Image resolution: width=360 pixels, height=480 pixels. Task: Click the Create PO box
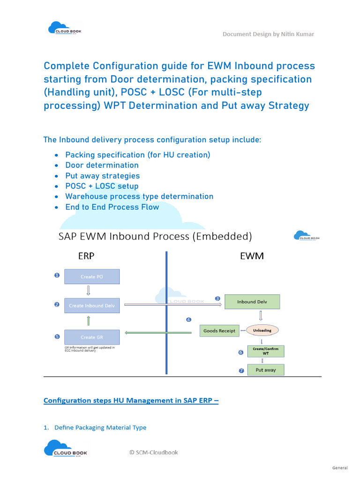92,277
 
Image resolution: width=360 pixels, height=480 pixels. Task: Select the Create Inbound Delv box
92,306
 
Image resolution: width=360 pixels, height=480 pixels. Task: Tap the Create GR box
92,337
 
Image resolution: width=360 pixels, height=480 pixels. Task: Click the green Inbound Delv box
252,302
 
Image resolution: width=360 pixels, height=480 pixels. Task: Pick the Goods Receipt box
219,330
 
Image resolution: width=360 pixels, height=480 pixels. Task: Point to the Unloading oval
262,330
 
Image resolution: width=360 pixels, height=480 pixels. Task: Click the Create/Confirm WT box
265,352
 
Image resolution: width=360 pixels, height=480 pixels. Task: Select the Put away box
265,370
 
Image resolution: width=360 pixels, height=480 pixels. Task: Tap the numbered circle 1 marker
57,276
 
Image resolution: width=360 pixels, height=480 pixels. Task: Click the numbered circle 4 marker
188,320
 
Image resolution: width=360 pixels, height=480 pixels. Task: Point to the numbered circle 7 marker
241,370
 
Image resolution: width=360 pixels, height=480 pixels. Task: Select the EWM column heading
252,256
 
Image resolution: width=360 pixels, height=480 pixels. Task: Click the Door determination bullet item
102,165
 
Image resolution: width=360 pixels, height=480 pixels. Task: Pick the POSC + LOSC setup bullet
102,186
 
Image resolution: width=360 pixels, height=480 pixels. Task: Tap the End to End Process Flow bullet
112,207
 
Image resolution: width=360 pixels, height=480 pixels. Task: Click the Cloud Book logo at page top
64,29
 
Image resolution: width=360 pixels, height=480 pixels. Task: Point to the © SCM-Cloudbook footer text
154,452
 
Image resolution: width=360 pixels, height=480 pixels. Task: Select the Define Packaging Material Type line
100,427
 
